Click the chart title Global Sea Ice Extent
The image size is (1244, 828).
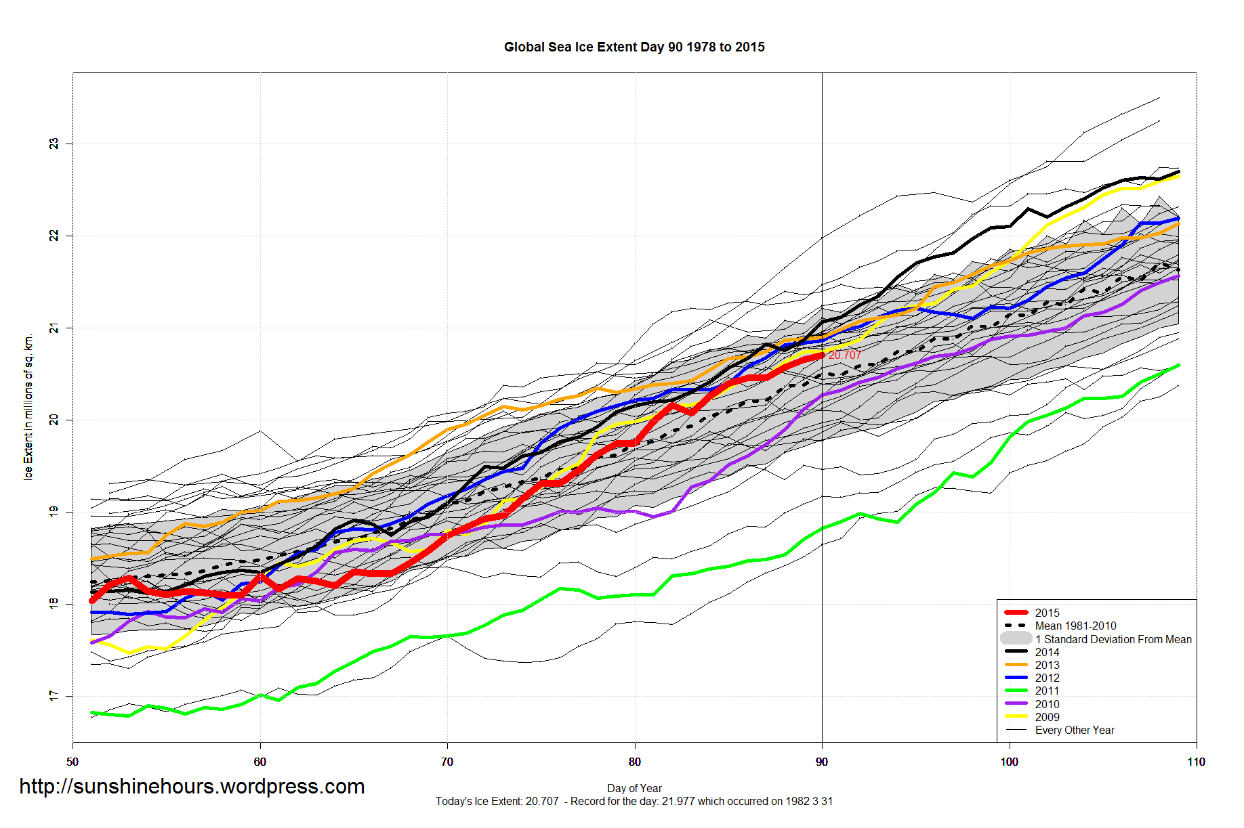[634, 47]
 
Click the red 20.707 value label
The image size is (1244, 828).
[845, 355]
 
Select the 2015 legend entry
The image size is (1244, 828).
[1047, 613]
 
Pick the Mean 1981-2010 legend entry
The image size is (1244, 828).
[1075, 626]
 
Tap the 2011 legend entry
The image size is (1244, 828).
[1047, 691]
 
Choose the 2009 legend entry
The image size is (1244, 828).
[1047, 717]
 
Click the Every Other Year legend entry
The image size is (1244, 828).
[1075, 730]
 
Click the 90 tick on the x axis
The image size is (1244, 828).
[822, 762]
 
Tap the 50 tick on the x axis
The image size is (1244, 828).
[72, 762]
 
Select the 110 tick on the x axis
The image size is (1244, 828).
[1196, 762]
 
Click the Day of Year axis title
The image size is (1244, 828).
[634, 788]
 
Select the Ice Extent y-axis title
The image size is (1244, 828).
[28, 406]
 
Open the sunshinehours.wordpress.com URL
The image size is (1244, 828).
[192, 786]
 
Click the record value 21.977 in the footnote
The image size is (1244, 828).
[678, 802]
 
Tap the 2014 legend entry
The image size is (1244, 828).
[1047, 652]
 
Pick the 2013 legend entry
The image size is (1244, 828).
[1047, 665]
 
